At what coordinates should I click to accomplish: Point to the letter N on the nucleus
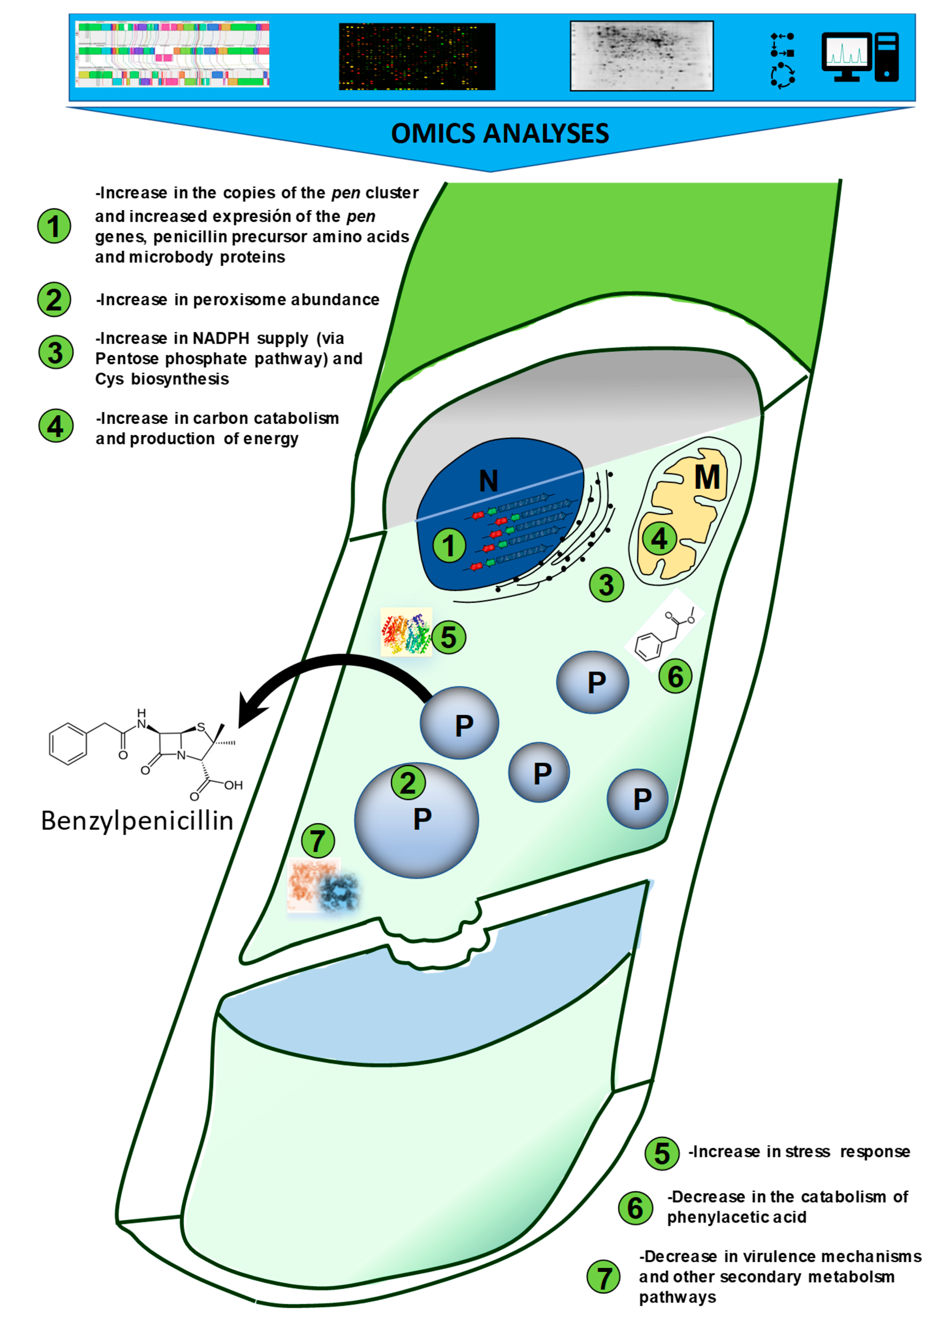[488, 481]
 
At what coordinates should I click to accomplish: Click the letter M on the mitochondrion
[707, 477]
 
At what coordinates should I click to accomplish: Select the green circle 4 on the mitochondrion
[659, 539]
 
